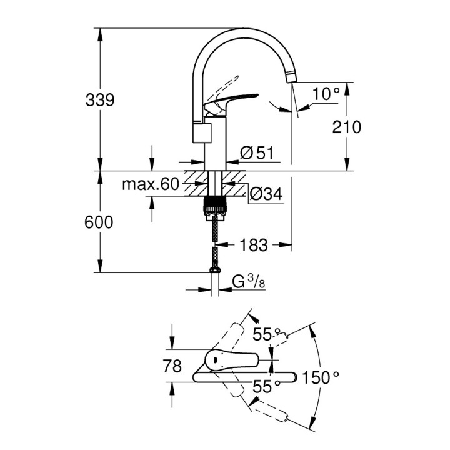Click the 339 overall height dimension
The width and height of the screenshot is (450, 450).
tap(100, 100)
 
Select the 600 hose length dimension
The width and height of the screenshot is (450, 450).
tap(100, 222)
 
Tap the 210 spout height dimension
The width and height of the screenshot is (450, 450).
tap(347, 127)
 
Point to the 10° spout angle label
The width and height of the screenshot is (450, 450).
tap(326, 94)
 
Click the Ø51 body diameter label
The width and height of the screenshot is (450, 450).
tap(257, 153)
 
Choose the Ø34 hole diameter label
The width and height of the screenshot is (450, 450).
tap(266, 195)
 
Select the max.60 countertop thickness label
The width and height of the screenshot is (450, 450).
tap(150, 184)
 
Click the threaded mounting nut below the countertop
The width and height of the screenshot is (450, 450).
tap(214, 204)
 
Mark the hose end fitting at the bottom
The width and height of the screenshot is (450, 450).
tap(214, 267)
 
